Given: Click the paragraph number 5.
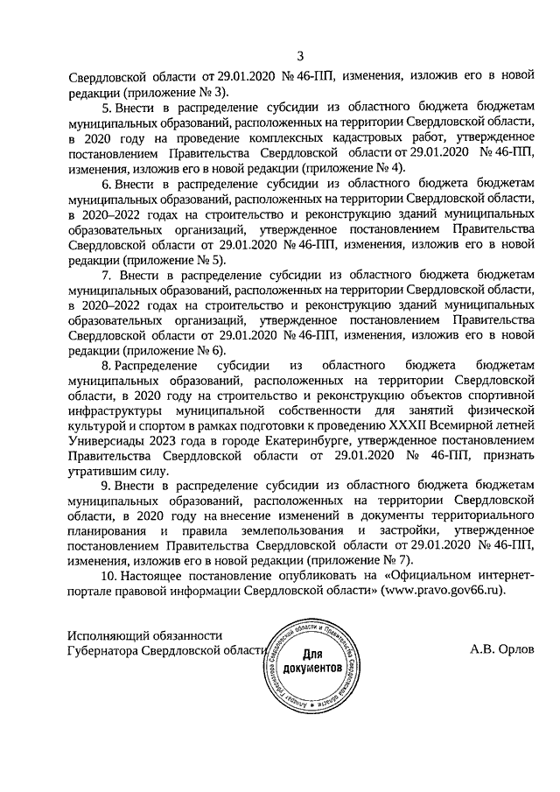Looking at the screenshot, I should point(106,107).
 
